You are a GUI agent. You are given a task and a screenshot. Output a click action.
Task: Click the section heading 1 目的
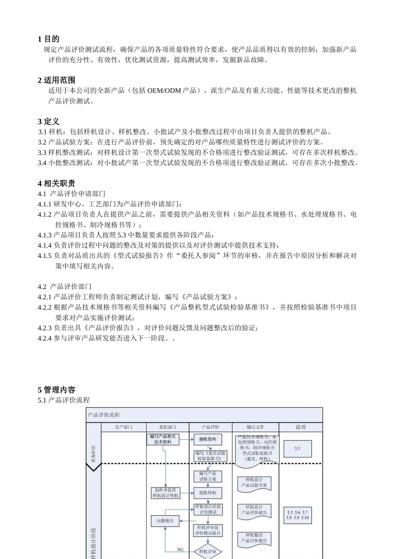[x=48, y=39]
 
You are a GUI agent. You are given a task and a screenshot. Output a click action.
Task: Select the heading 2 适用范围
[x=57, y=80]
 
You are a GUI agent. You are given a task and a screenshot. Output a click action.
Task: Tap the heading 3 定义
[x=48, y=121]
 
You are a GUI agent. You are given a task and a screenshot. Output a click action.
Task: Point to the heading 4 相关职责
[x=57, y=183]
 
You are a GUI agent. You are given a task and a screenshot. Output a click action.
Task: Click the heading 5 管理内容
[x=57, y=390]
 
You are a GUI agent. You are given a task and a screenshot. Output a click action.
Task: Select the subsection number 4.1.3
[x=44, y=235]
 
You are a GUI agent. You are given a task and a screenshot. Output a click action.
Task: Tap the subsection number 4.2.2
[x=44, y=307]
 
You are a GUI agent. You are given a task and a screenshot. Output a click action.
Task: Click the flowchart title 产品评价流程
[x=104, y=415]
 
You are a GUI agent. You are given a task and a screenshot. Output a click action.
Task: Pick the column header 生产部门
[x=123, y=427]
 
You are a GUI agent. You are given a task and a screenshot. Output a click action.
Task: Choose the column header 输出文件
[x=255, y=427]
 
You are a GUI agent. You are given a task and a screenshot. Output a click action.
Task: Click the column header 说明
[x=300, y=427]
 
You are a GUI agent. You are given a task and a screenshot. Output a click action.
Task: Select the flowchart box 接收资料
[x=207, y=439]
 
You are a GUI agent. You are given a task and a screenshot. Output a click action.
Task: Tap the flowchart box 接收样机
[x=207, y=493]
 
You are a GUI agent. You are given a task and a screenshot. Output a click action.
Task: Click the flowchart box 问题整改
[x=165, y=521]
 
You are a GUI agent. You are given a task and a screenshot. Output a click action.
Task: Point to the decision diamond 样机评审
[x=207, y=552]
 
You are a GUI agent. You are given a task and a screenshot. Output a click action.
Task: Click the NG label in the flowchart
[x=180, y=549]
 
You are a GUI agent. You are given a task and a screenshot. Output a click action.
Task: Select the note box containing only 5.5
[x=297, y=449]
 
